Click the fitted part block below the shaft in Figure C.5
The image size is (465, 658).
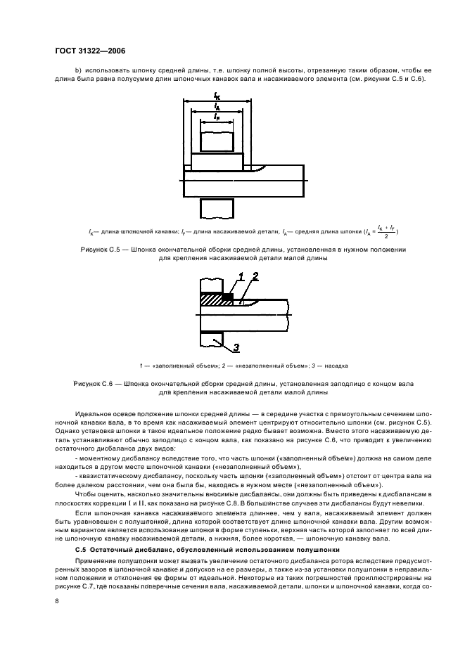(217, 209)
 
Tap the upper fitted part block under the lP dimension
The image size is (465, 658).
(217, 141)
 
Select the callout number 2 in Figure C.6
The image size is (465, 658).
(255, 277)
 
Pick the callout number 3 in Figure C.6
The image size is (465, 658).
(236, 347)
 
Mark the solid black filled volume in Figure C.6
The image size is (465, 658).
(227, 297)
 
